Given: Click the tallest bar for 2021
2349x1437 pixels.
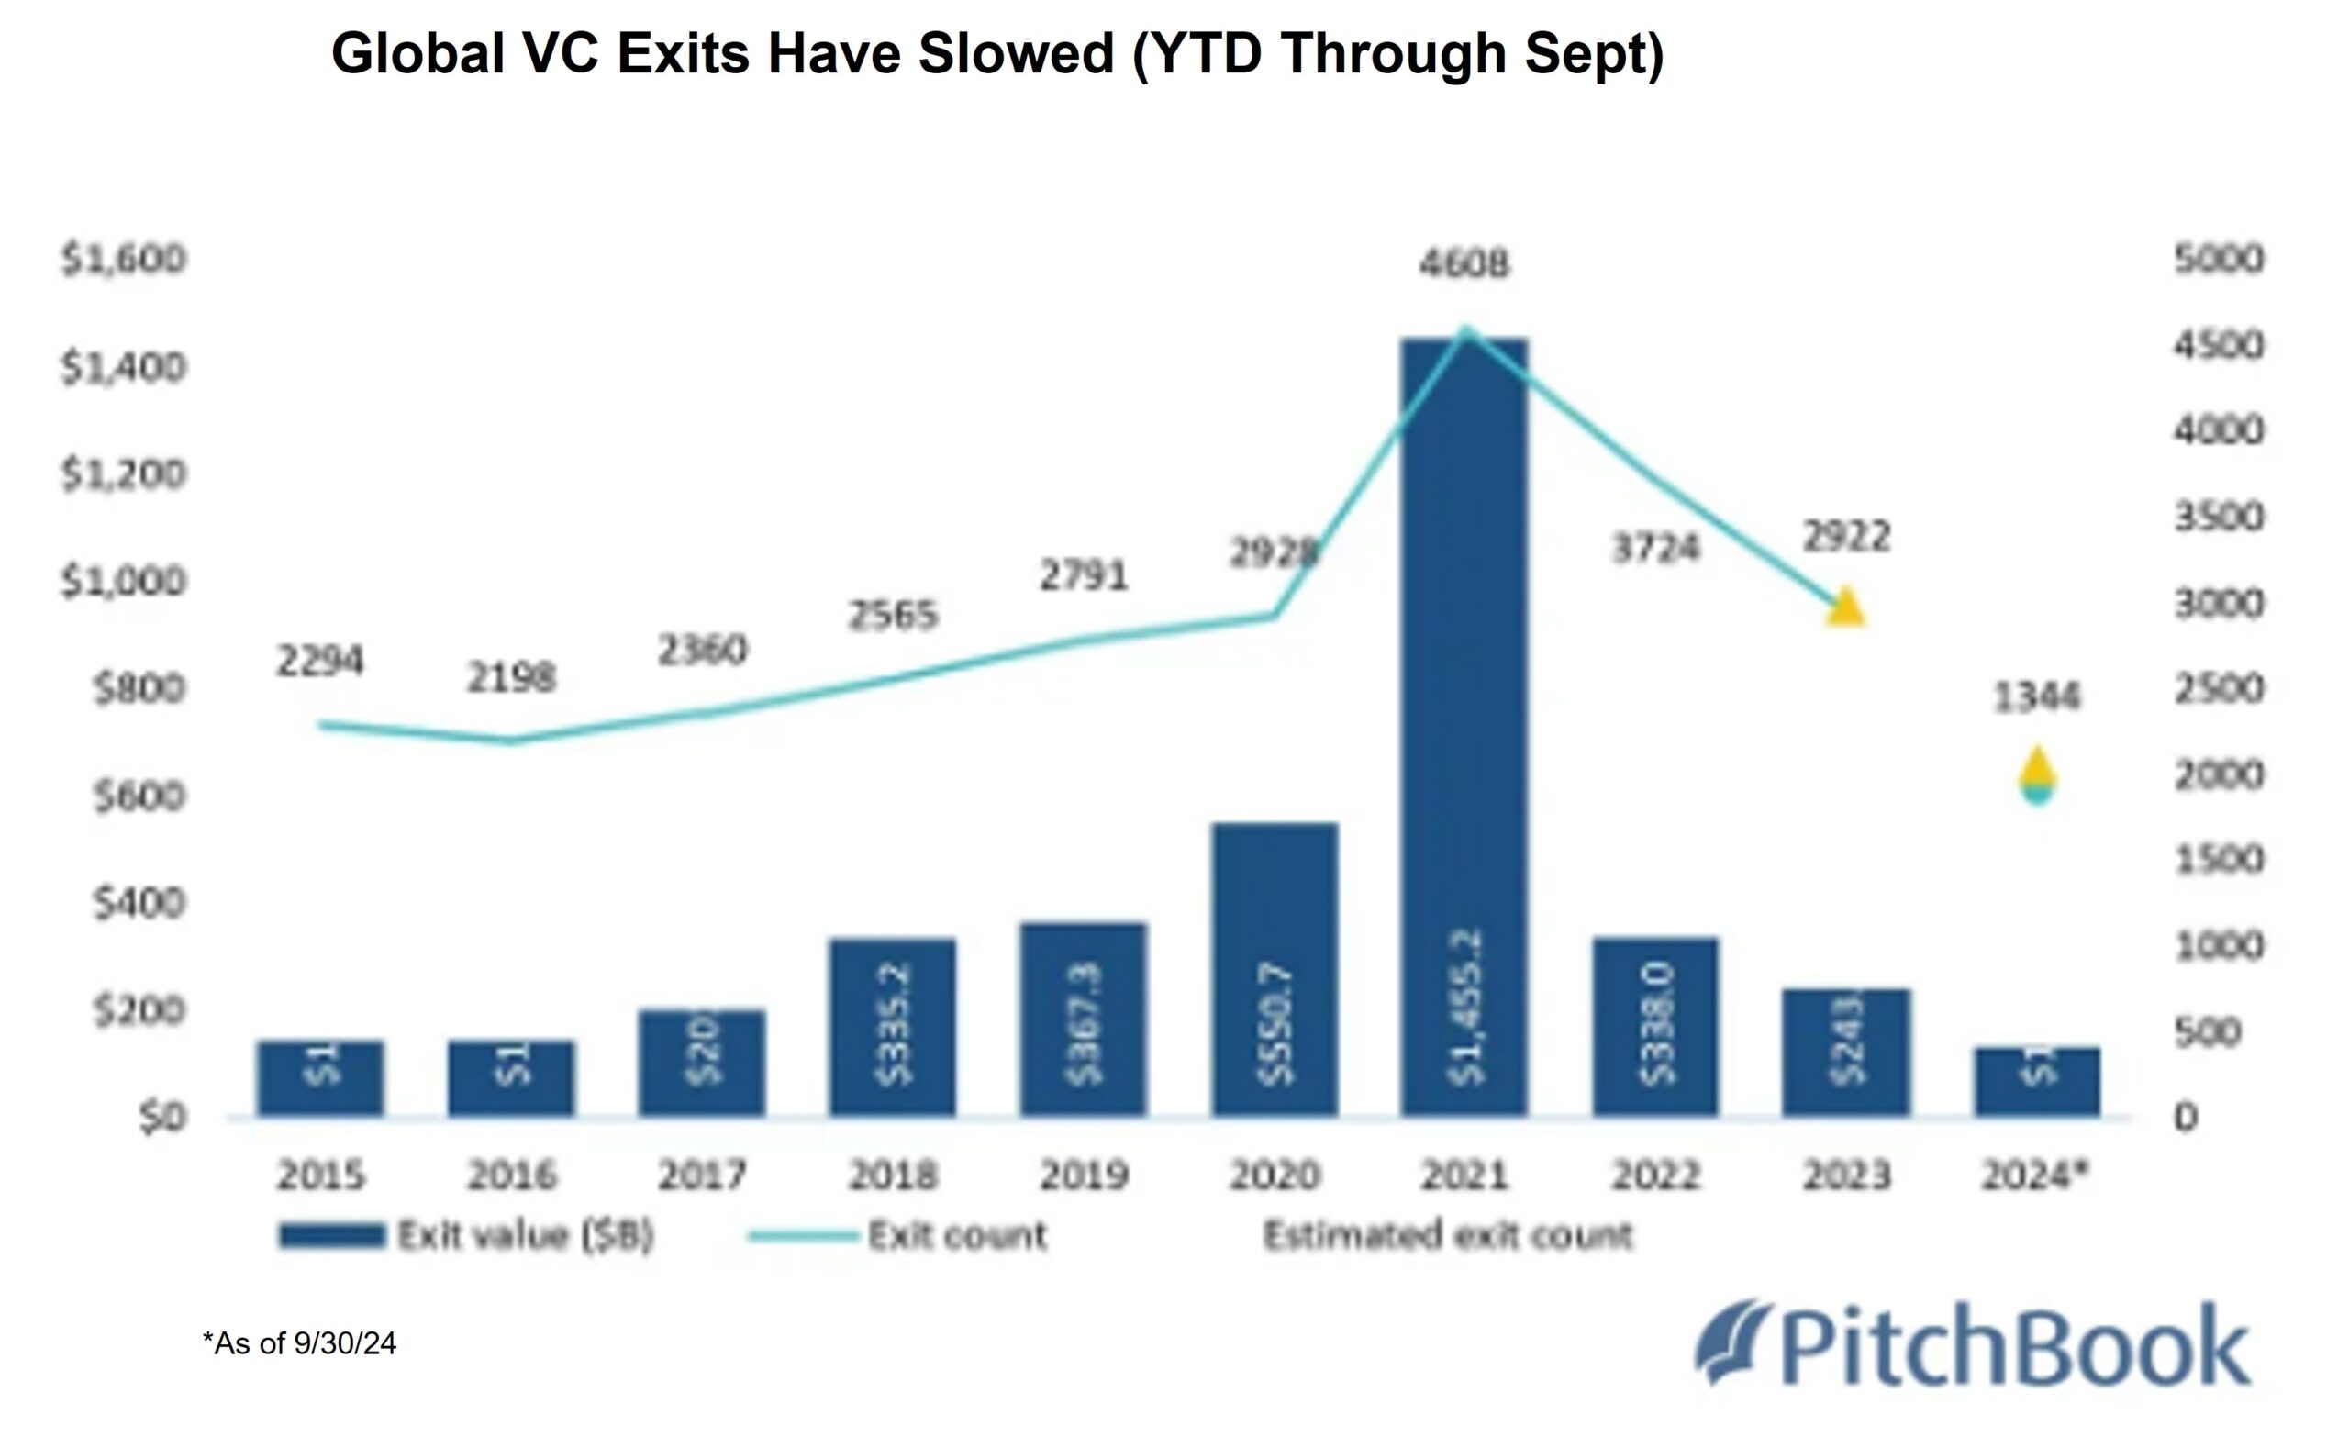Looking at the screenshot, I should click(1464, 725).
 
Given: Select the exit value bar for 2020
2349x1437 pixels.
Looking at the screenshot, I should click(1275, 968).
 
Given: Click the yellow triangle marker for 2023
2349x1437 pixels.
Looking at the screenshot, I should click(1845, 607).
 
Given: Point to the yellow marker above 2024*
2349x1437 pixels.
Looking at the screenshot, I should click(2037, 769).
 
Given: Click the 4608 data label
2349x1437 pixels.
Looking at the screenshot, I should click(1464, 263).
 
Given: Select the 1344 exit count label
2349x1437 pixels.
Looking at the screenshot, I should click(2036, 698).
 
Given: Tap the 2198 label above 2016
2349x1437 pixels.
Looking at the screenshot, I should click(510, 678).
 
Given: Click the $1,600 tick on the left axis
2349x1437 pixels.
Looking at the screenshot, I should click(124, 260).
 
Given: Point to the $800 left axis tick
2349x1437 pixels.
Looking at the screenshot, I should click(139, 687).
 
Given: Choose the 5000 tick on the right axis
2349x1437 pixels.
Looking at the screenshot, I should click(2219, 260).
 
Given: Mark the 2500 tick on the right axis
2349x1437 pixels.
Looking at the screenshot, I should click(2219, 688).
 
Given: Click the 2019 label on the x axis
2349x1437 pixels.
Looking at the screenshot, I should click(1084, 1175).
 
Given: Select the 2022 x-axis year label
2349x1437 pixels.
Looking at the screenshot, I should click(1656, 1175).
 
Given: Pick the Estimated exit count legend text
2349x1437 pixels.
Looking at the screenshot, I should click(1447, 1236).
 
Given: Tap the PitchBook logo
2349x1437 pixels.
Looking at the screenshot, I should click(1974, 1344).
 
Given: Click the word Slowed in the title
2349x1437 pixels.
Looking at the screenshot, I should click(1017, 53).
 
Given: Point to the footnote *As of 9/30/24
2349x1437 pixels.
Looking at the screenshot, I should click(299, 1343).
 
